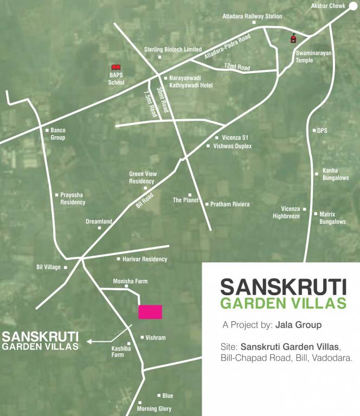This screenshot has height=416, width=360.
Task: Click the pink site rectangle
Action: [150, 311]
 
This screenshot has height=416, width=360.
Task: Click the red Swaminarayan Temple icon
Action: [293, 38]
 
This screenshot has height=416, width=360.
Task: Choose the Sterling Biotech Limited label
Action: [173, 49]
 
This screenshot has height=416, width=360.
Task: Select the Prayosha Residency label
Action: [73, 198]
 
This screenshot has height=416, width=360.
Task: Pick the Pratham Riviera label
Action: [230, 204]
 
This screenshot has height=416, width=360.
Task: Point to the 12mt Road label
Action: [237, 67]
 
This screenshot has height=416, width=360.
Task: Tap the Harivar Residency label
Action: [145, 259]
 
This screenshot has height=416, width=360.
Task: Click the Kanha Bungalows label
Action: [336, 174]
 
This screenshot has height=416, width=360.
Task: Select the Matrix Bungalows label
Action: [332, 218]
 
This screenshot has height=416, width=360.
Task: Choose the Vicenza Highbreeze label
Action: [286, 212]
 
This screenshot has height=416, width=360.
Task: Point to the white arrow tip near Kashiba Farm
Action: [88, 341]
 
